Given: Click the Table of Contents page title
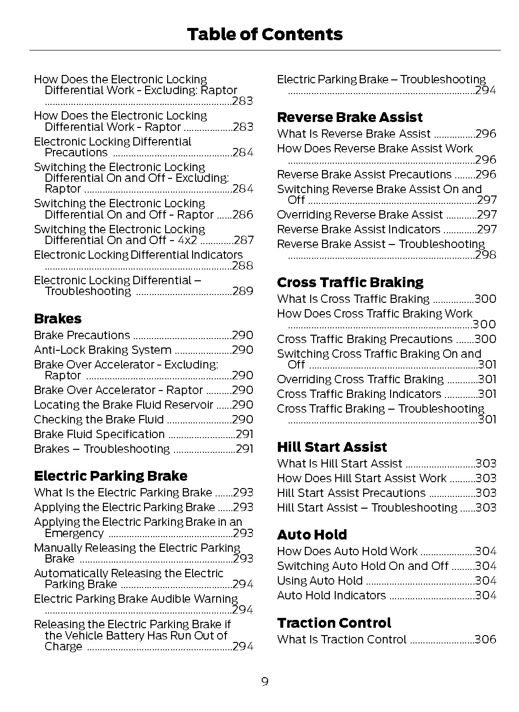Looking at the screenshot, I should coord(265,34).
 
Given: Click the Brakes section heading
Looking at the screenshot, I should coord(57,319).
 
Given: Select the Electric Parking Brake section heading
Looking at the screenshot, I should coord(110,476).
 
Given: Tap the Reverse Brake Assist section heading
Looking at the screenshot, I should coord(349,117).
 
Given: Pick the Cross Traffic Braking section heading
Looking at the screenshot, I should coord(350,282).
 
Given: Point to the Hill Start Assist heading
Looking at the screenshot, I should coord(332,447).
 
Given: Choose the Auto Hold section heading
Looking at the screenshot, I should coord(312,535).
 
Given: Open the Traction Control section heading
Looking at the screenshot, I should coord(334,623).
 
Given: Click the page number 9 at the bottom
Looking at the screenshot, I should coord(265,682).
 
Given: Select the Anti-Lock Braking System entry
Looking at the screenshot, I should coord(102,350).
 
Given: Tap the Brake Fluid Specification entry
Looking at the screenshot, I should coord(99,434).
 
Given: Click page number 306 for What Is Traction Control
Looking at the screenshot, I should coord(485,639).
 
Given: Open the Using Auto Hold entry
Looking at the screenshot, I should coord(320,581).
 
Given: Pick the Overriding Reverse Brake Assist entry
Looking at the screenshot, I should coord(360,215).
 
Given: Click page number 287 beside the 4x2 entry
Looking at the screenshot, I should coord(244,240).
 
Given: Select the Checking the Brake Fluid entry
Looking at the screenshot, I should coord(99,419).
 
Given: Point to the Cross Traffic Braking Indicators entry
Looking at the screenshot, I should coord(359,394).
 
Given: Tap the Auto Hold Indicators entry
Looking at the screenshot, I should coord(331,595).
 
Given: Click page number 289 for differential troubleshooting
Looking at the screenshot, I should coord(243,291).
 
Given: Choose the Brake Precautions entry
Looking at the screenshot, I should coord(82,335).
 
